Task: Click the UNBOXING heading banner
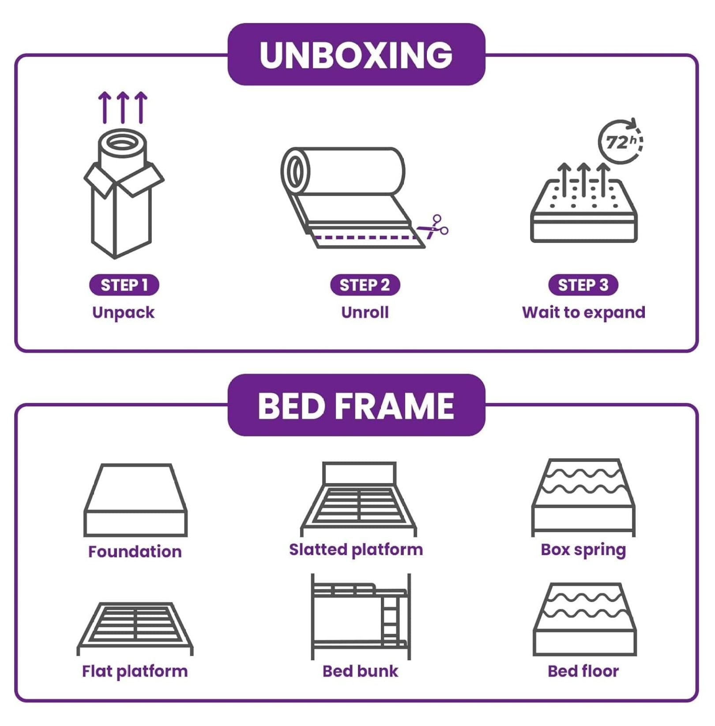tap(356, 54)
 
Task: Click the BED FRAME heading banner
tap(356, 405)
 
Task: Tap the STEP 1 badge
tap(124, 285)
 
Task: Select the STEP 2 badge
tap(365, 285)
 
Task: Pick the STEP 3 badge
tap(583, 285)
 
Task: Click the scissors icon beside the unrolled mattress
tap(434, 227)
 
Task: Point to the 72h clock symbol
tap(620, 142)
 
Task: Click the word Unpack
tap(123, 313)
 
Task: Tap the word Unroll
tap(365, 313)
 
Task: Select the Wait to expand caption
tap(583, 313)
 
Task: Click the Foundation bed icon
tap(135, 500)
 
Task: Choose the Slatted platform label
tap(356, 550)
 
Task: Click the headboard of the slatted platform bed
tap(359, 473)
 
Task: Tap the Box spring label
tap(583, 550)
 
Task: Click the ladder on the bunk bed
tap(390, 620)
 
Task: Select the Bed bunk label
tap(360, 671)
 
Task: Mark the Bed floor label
tap(583, 671)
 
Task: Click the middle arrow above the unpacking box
tap(123, 107)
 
